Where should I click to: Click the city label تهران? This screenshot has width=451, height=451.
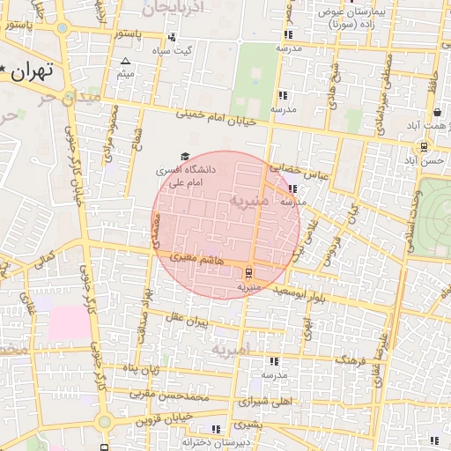[x=33, y=70]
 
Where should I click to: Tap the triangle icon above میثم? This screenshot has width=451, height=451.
[x=125, y=62]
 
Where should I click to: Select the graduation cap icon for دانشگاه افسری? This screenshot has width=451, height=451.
[x=184, y=156]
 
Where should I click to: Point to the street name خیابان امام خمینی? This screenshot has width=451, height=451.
[x=215, y=115]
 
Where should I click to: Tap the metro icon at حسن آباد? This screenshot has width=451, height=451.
[x=425, y=147]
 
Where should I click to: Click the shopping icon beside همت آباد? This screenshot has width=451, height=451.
[x=438, y=112]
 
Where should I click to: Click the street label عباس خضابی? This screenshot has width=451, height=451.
[x=299, y=171]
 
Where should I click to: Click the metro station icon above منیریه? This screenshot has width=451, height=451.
[x=248, y=272]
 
